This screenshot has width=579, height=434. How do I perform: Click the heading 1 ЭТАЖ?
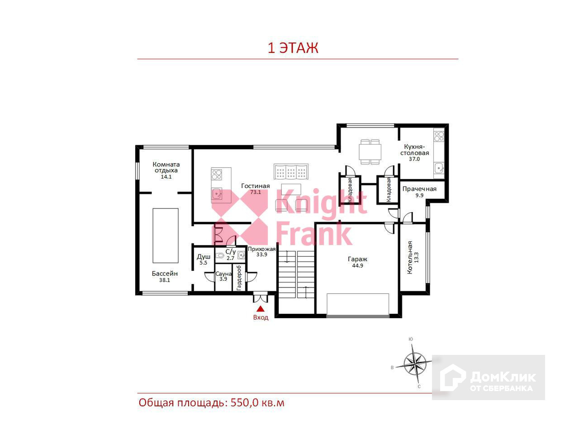293,48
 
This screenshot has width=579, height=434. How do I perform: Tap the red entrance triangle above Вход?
261,309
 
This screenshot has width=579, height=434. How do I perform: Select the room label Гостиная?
255,186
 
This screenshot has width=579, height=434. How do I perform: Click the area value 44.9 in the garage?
357,266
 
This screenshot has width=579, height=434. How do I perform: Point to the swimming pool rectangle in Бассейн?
166,236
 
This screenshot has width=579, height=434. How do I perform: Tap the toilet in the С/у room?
220,255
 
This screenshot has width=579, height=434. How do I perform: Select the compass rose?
415,363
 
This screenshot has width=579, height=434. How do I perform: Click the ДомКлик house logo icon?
452,377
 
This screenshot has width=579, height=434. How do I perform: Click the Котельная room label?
410,257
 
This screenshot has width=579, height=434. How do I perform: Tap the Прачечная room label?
419,189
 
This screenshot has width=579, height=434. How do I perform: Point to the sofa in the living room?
291,171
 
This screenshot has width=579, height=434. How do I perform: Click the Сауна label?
223,274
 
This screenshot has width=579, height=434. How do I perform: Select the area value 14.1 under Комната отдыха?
166,177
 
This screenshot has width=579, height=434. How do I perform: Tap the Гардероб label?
239,278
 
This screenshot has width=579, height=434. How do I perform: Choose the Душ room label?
204,256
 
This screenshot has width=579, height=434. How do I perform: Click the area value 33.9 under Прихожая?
261,255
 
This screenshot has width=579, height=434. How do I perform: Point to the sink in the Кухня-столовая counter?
439,168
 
